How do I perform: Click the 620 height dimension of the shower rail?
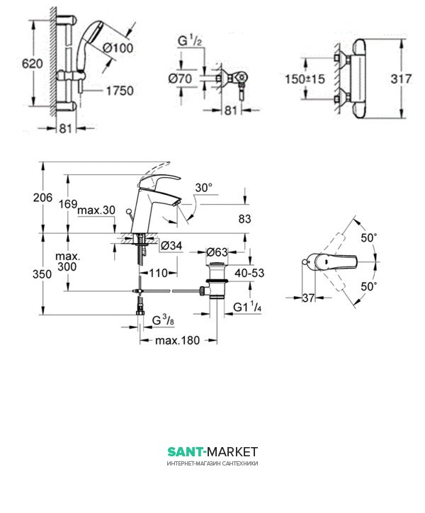[x=32, y=64]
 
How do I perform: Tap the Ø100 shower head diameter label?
[x=118, y=48]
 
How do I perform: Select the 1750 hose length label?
[x=120, y=91]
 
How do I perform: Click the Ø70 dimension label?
[x=180, y=79]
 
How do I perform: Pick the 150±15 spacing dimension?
[x=305, y=79]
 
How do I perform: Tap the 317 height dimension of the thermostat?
[x=401, y=79]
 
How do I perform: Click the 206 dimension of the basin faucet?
[x=42, y=198]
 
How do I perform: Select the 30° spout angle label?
[x=203, y=188]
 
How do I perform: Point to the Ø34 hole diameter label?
[x=171, y=245]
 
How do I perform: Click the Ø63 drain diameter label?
[x=217, y=252]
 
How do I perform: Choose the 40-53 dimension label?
[x=249, y=273]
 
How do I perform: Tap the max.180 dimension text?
[x=177, y=340]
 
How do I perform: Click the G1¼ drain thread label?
[x=247, y=308]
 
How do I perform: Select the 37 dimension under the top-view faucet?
[x=308, y=298]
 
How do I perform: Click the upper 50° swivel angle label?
[x=369, y=238]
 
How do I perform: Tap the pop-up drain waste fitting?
[x=215, y=281]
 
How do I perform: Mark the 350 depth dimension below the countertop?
[x=42, y=274]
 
